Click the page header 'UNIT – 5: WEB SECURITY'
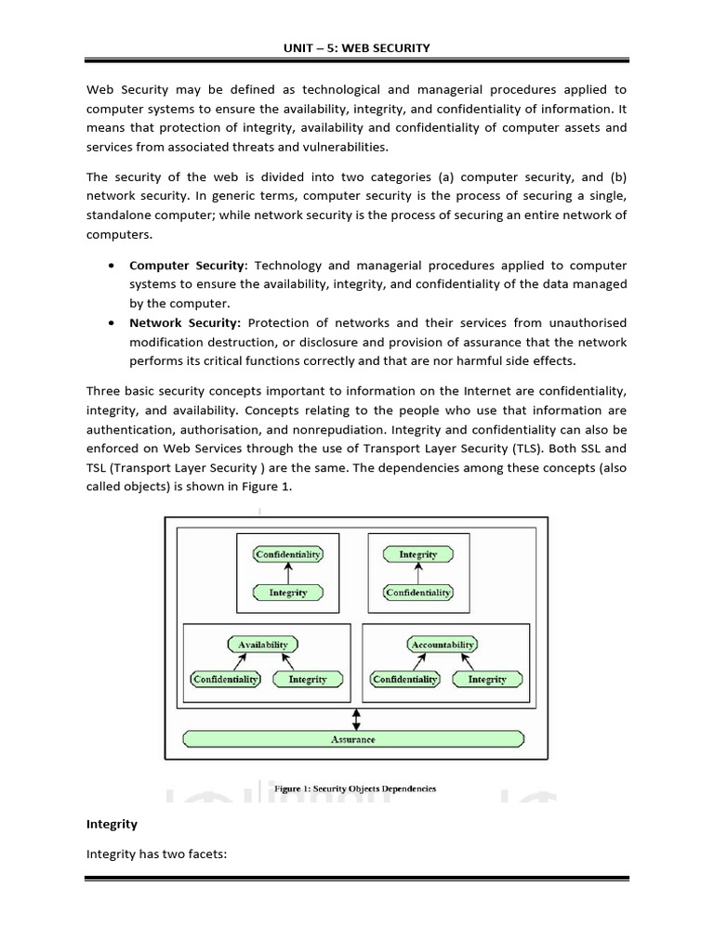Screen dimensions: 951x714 (357, 48)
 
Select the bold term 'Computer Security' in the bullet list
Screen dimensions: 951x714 (186, 266)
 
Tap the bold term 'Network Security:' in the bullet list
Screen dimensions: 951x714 (185, 322)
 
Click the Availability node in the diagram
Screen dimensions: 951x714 (263, 645)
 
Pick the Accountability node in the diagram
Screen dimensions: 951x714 (442, 645)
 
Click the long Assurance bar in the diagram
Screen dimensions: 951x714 (353, 739)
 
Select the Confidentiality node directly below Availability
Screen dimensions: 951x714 (226, 680)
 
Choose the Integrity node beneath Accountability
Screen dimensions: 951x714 (487, 680)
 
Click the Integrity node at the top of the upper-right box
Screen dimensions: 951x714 (417, 554)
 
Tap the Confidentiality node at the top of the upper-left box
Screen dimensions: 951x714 (288, 554)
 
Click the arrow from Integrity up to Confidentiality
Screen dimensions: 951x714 (288, 574)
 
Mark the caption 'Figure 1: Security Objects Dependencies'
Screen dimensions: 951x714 (361, 788)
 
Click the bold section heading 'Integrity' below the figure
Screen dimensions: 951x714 (112, 824)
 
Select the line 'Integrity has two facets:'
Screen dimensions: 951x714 (156, 855)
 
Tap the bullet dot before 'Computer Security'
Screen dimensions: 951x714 (112, 266)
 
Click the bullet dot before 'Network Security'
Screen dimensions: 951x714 (112, 322)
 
